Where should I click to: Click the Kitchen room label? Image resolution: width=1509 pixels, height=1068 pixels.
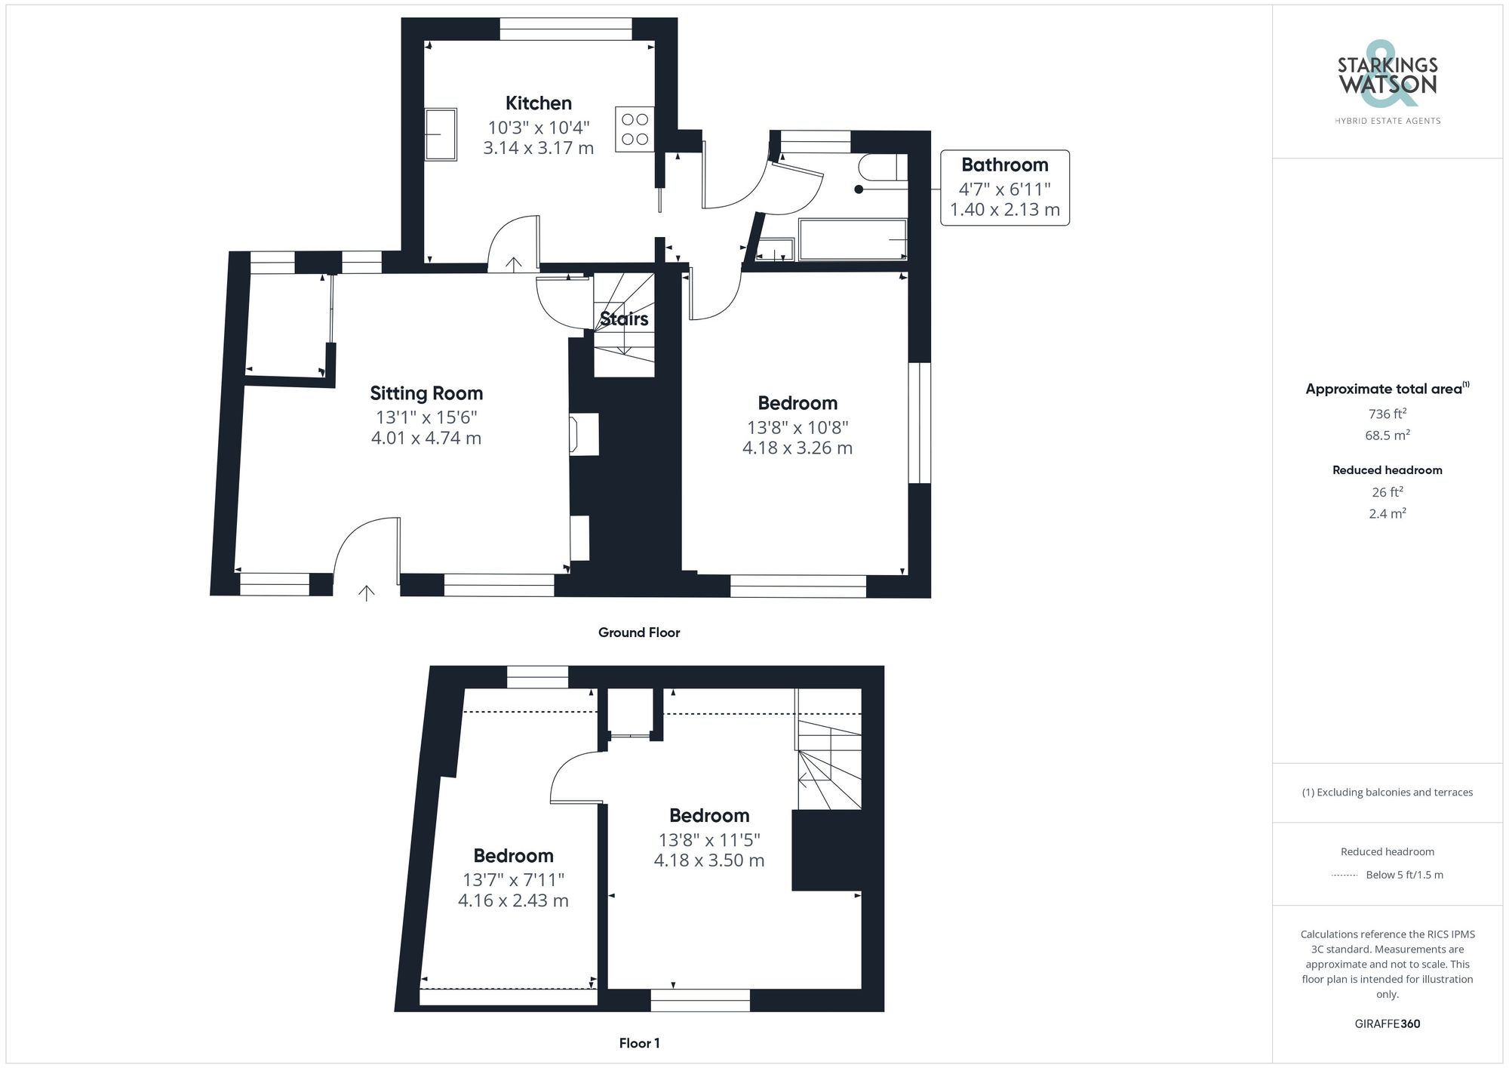538,103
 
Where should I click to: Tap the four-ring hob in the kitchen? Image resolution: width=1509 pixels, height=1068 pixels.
635,129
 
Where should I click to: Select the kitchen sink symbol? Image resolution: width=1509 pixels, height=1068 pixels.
441,134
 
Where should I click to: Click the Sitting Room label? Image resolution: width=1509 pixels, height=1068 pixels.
426,393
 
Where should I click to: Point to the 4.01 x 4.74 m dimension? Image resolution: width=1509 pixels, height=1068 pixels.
426,438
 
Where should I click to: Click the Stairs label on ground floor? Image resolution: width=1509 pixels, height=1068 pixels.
624,319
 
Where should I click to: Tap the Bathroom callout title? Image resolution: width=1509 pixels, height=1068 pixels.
1004,165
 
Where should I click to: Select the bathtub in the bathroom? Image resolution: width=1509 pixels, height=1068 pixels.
853,240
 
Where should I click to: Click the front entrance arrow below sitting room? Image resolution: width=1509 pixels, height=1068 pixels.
367,593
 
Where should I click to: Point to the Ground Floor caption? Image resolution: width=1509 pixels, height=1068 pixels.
639,632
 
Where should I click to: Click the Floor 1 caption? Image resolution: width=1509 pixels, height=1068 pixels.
639,1043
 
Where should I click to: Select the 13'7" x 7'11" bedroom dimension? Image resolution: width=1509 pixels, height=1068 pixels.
513,880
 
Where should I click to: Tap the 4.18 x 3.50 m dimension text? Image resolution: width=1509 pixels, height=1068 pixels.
709,860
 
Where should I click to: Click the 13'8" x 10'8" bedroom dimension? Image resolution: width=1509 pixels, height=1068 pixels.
798,427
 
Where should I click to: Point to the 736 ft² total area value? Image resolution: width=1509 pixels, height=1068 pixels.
1387,414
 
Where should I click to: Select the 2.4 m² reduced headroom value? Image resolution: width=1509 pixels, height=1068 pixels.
1387,513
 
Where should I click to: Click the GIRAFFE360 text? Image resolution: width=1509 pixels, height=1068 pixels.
1387,1023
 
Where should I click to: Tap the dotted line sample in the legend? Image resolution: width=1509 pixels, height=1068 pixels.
1345,876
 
